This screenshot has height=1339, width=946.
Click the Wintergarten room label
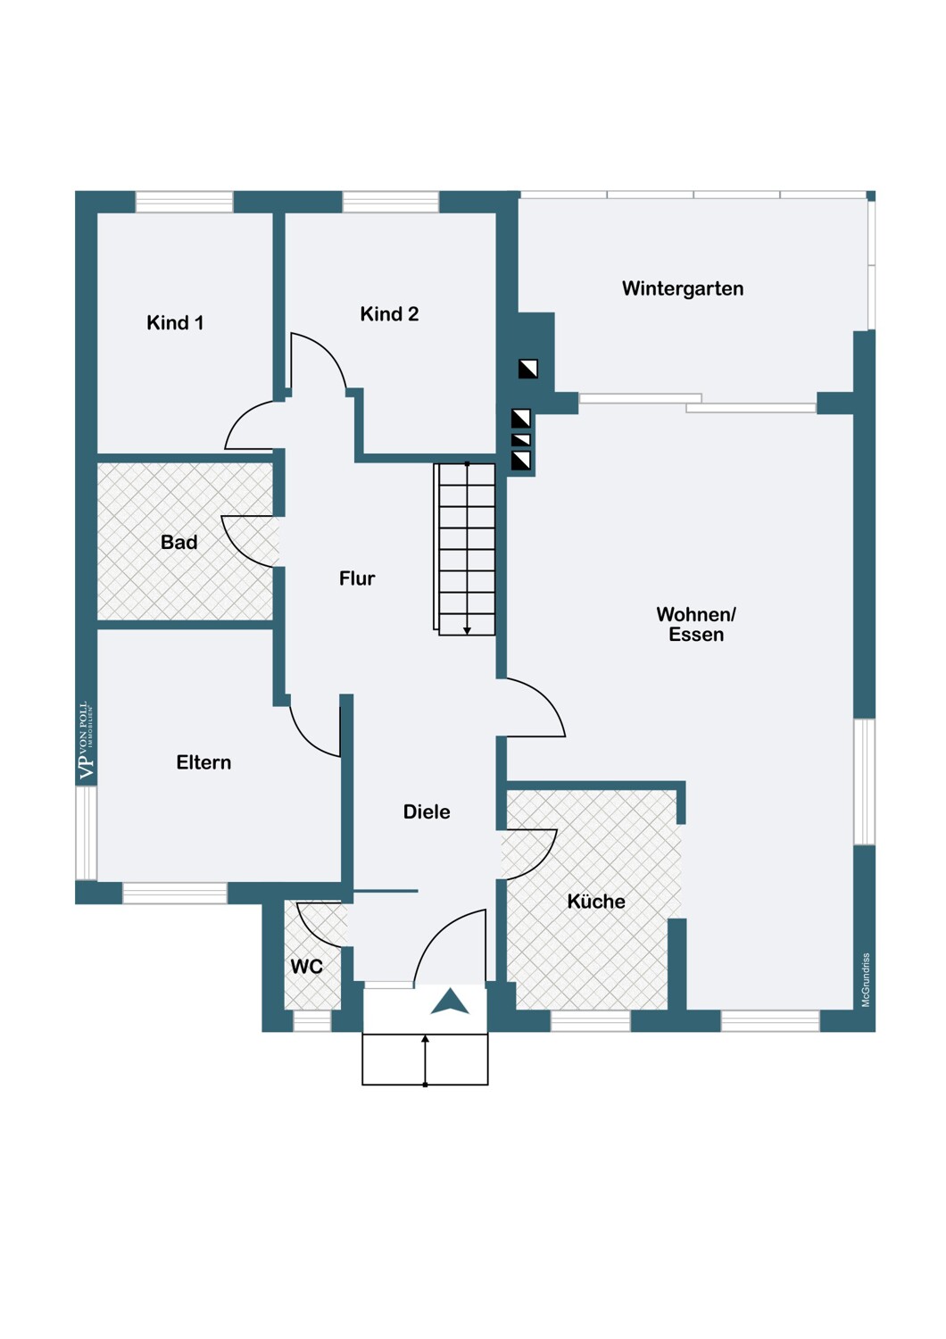[683, 288]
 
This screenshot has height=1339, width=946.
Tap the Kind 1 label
[175, 323]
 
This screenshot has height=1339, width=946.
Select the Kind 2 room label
[389, 314]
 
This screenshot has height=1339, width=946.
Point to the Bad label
[178, 542]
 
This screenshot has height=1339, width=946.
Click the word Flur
[357, 578]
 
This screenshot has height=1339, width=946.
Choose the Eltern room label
[203, 762]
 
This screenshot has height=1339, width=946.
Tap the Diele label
[427, 811]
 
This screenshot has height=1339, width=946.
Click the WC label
[307, 966]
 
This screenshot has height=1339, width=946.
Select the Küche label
[596, 901]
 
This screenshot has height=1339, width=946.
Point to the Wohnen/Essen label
[696, 624]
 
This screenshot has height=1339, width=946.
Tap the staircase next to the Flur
[464, 549]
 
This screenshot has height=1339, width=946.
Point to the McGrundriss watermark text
[866, 980]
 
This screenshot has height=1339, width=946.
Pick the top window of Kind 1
[184, 202]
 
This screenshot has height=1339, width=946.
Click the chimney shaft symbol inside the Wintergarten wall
[527, 369]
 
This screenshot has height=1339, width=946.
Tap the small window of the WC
[312, 1021]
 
